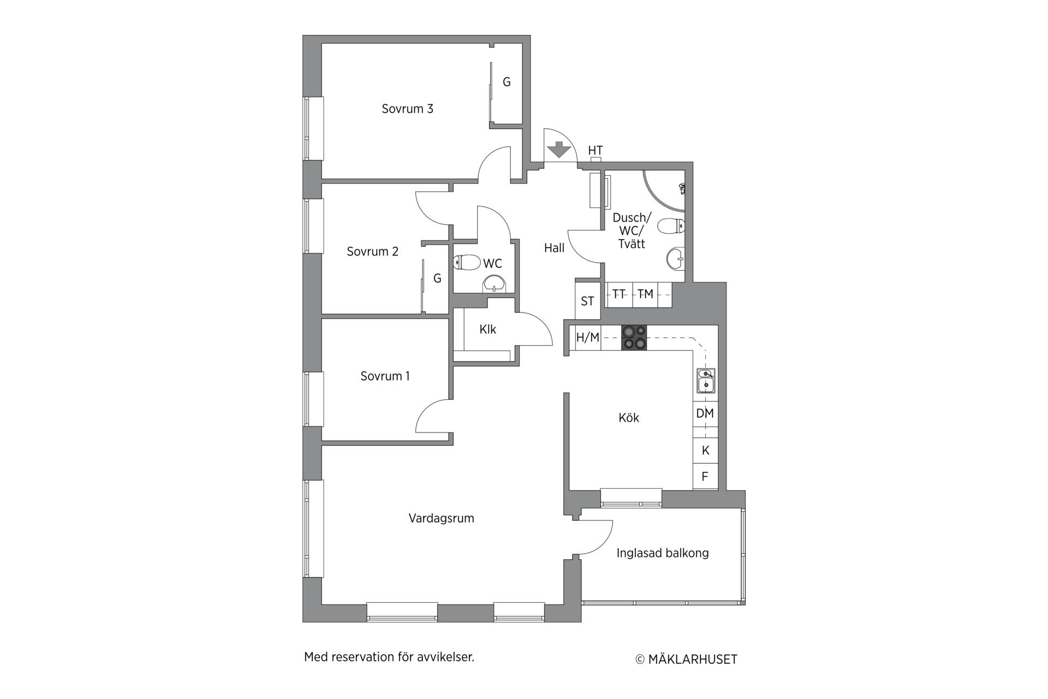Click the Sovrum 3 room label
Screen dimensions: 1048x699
click(x=407, y=109)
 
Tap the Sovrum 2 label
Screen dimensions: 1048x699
click(x=372, y=252)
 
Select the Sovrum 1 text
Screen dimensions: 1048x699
click(x=385, y=376)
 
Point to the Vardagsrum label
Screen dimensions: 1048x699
click(x=441, y=518)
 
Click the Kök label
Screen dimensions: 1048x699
click(x=629, y=418)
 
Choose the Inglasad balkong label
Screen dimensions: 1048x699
click(x=663, y=553)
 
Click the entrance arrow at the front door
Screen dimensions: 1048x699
click(x=558, y=149)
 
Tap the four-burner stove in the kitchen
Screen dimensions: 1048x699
click(x=634, y=337)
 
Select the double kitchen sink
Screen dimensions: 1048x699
click(x=706, y=381)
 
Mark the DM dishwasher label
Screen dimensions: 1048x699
click(x=705, y=413)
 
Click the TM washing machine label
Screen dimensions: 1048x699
click(x=645, y=294)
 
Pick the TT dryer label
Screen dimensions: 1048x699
click(x=618, y=294)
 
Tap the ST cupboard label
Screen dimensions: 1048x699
click(x=587, y=301)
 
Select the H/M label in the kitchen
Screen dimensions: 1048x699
click(x=588, y=338)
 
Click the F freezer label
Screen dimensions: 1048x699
click(x=705, y=477)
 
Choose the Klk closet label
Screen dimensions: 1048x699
click(x=488, y=329)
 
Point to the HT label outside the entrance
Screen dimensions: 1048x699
click(x=596, y=151)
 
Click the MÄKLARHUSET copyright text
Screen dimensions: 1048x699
click(x=687, y=660)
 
